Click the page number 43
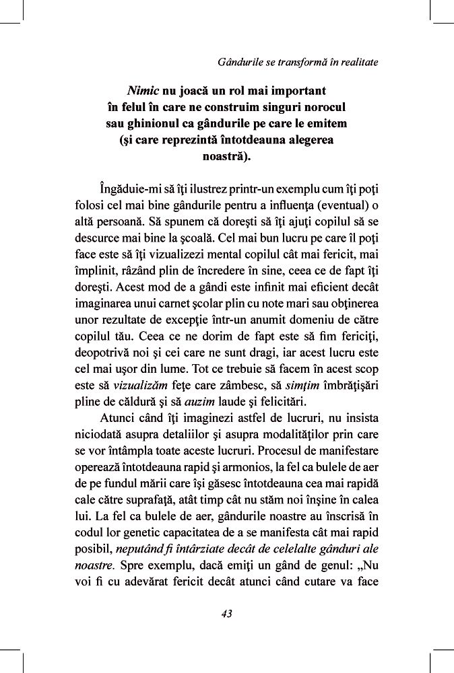click(x=226, y=613)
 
